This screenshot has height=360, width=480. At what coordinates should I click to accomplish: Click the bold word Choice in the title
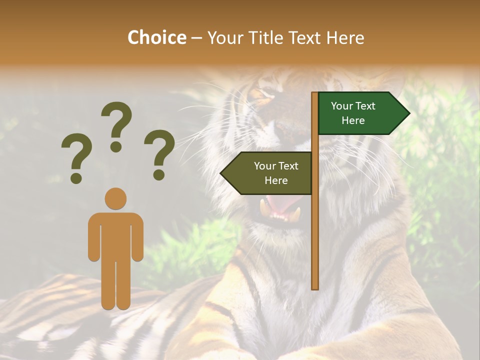tap(156, 37)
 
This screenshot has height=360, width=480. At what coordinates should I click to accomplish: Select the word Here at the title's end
tap(345, 37)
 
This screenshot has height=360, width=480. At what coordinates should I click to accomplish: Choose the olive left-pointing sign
tap(270, 173)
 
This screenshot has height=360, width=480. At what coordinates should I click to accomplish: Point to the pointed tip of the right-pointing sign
tap(409, 113)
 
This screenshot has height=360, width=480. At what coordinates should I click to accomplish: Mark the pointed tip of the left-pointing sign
tap(221, 173)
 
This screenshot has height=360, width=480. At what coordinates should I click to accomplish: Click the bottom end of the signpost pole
tap(315, 287)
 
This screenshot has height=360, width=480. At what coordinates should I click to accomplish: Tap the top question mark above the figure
tap(116, 125)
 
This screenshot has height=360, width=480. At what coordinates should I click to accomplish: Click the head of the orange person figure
tap(115, 198)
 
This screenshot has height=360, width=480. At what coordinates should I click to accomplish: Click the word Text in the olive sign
tap(287, 166)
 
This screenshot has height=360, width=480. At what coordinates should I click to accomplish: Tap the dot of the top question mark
tap(116, 146)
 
